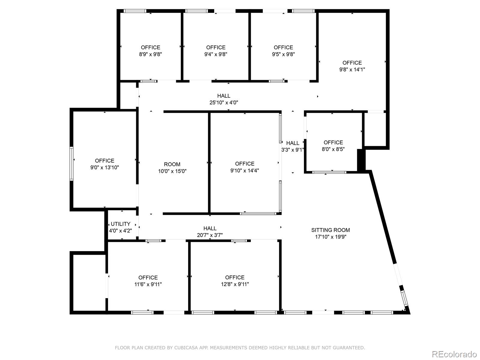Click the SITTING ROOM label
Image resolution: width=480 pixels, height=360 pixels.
[x=330, y=230]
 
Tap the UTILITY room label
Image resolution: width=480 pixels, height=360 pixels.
[x=120, y=224]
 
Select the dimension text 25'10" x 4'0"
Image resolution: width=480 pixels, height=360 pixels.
[x=224, y=103]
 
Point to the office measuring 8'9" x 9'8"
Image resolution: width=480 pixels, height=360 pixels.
[x=150, y=51]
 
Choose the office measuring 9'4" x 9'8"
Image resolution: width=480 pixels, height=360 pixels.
[x=216, y=51]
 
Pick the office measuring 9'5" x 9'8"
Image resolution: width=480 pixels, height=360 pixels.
[x=283, y=51]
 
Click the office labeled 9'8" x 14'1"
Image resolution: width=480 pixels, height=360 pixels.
[x=352, y=66]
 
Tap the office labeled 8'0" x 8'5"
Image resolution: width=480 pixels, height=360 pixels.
[x=333, y=146]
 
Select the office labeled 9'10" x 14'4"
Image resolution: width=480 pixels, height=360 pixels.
[x=244, y=167]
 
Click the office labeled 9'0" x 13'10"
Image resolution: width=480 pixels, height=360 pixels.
[x=104, y=164]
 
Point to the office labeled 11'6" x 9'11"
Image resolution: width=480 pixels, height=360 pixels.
[x=148, y=281]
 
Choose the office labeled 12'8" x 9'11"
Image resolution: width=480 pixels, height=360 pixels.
[x=235, y=281]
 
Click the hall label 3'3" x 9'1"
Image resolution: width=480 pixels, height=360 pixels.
[x=292, y=150]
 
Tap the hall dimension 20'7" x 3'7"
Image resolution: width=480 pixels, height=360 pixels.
[x=210, y=235]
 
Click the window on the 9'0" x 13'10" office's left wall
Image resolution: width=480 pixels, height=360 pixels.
[x=72, y=163]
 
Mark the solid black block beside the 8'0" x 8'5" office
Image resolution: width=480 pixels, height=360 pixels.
[x=361, y=160]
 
